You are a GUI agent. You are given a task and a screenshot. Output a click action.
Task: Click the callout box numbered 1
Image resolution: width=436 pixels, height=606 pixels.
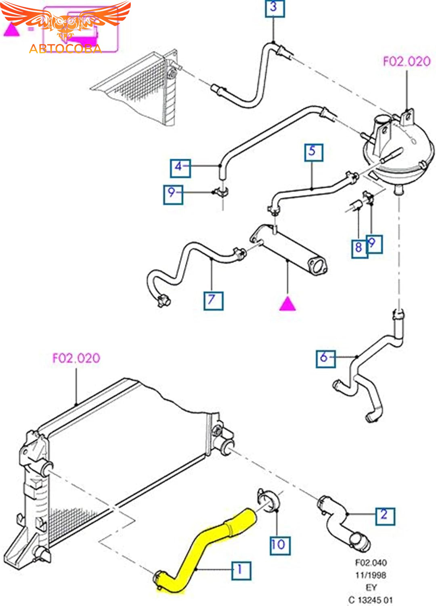coord(241,570)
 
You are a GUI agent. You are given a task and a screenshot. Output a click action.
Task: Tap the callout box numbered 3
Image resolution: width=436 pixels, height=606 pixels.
coord(275,8)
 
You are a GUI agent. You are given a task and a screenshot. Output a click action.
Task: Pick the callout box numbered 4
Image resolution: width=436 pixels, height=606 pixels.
coord(180,167)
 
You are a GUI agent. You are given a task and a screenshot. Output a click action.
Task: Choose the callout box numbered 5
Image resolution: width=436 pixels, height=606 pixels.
coord(313,152)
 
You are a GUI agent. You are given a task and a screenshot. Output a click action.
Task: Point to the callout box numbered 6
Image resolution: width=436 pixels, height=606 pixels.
coord(325,358)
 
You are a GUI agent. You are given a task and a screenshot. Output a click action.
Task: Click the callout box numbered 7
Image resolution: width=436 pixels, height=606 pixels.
coord(213,301)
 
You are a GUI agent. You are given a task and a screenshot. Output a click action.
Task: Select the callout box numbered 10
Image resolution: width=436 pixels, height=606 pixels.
coord(280,545)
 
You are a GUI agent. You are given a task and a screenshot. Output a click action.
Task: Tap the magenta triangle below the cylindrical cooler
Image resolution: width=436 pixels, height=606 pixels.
coord(287,303)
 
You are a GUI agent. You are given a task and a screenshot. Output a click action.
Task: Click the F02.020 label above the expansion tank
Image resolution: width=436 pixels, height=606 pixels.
coord(407,61)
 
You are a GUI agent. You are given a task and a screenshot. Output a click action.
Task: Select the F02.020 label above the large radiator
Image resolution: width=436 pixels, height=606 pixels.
coord(76,358)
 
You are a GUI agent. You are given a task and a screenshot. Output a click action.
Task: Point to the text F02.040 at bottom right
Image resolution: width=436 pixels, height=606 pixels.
coord(371,563)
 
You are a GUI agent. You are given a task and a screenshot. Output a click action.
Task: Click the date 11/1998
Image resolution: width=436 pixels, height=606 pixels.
coord(371,575)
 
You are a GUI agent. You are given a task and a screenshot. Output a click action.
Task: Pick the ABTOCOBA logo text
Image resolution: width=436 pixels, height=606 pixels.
coord(65,49)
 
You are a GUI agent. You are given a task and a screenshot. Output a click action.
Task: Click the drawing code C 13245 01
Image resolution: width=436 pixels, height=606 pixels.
coord(370,600)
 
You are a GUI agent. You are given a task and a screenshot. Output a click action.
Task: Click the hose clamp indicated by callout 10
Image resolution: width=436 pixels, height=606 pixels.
coord(268,501)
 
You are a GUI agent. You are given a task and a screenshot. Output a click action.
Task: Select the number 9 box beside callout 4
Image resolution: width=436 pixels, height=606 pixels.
coord(173,194)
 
